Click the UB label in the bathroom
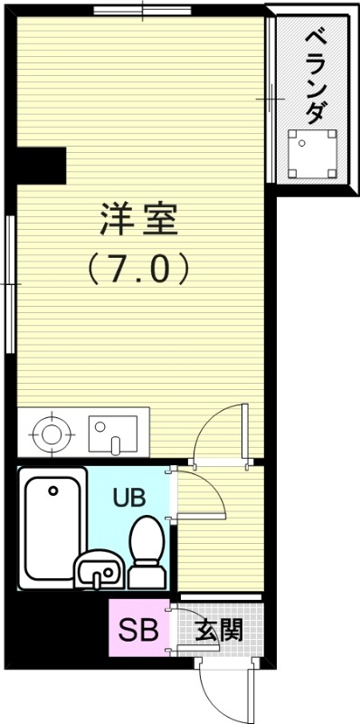128,497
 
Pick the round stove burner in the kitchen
51,433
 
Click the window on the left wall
10,284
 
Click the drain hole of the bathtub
53,491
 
